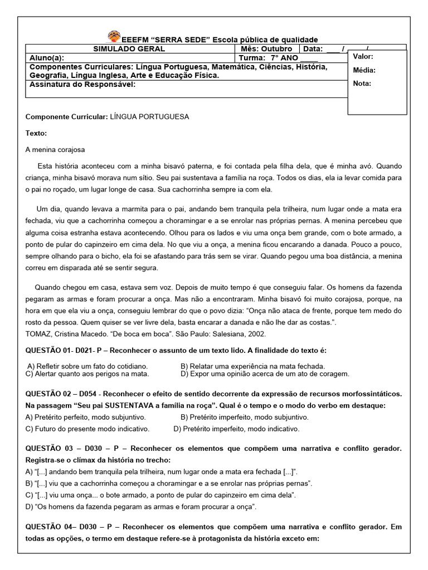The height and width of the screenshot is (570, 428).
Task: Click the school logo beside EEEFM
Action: click(x=114, y=37)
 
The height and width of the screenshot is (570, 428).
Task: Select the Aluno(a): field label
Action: click(x=46, y=58)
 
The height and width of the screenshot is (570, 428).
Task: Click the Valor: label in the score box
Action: click(x=363, y=57)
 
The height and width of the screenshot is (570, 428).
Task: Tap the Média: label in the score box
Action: click(x=364, y=70)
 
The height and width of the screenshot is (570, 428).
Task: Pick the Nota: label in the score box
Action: click(x=362, y=83)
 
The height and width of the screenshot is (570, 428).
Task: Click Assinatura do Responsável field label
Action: click(x=81, y=85)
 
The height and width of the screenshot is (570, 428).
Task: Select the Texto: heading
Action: click(x=36, y=134)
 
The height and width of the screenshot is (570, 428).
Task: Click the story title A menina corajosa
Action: click(x=55, y=150)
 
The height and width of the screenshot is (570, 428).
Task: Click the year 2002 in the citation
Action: click(x=257, y=334)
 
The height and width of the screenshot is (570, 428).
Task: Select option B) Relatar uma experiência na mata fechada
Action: click(x=252, y=366)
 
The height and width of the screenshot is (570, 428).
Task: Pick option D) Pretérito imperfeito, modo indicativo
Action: click(x=236, y=429)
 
